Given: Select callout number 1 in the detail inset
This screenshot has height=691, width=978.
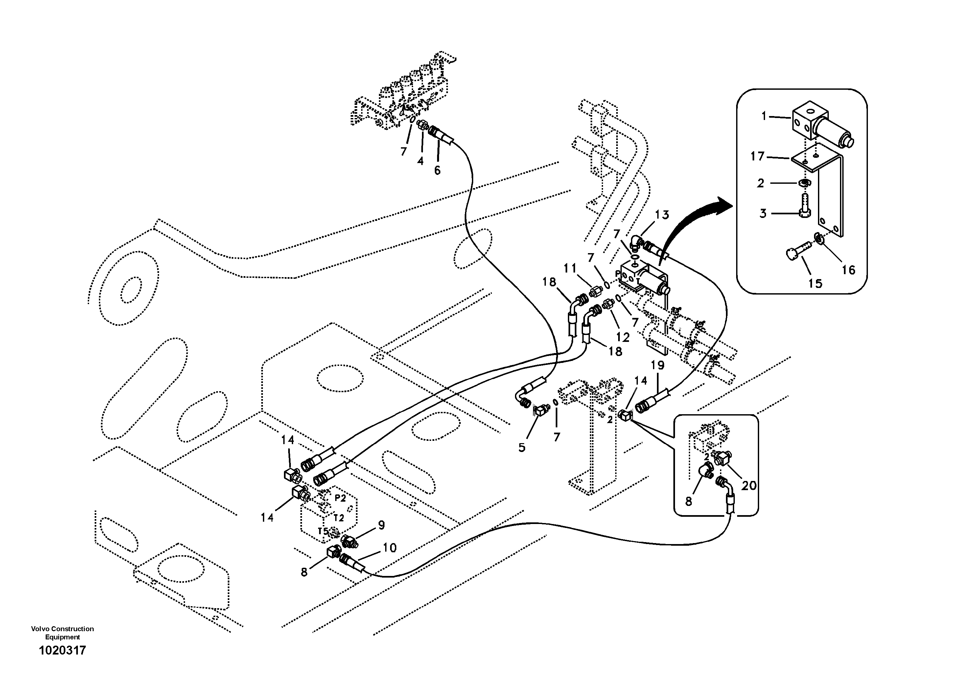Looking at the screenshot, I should [764, 116].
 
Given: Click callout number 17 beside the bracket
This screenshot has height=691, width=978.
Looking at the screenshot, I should [757, 156].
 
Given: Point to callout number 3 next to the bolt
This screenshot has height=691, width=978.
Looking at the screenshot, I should [763, 213].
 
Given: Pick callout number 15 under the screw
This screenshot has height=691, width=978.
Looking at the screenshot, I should [815, 283].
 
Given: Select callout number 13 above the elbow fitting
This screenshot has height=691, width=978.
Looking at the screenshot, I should [662, 215].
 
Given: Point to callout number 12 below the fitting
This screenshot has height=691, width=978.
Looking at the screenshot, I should [623, 337].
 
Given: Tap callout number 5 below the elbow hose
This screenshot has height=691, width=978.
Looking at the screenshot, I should [522, 447].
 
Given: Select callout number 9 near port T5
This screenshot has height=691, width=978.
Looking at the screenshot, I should [381, 525].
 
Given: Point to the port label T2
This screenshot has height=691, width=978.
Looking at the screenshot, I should [338, 518].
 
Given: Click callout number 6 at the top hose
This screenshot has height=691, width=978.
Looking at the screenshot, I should [437, 170].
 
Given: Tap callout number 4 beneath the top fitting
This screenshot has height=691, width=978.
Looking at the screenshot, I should [420, 161].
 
